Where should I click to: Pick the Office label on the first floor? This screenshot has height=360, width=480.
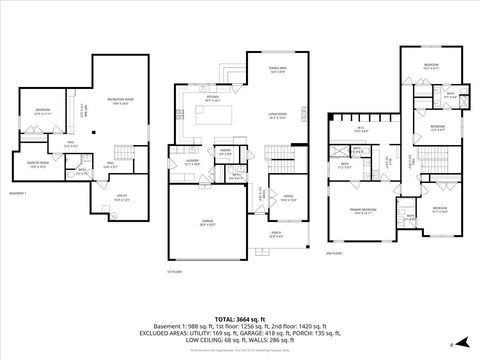click(x=289, y=196)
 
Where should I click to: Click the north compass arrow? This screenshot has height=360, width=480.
click(x=453, y=343)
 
